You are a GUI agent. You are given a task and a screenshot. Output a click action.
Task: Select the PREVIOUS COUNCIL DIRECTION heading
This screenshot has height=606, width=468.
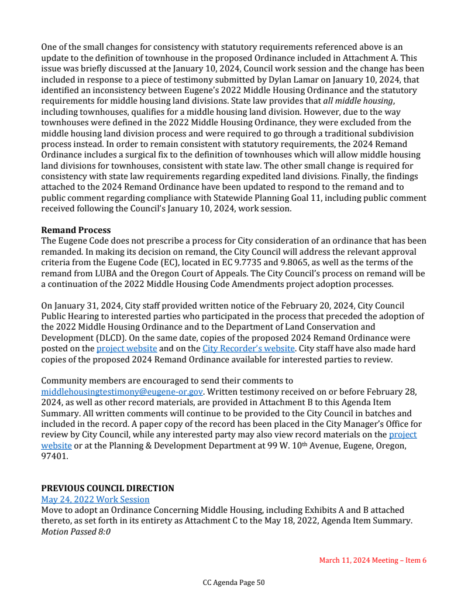click(x=107, y=488)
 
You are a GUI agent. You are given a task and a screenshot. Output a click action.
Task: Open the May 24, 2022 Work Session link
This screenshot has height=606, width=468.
click(x=95, y=499)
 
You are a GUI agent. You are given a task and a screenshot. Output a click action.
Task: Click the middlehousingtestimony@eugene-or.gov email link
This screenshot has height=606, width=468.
click(x=122, y=391)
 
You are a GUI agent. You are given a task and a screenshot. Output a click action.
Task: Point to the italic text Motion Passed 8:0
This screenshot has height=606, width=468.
click(x=75, y=532)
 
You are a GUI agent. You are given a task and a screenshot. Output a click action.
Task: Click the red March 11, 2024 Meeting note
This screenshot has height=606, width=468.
click(x=373, y=560)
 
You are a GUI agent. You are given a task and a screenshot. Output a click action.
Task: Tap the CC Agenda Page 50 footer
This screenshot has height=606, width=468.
click(x=233, y=583)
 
